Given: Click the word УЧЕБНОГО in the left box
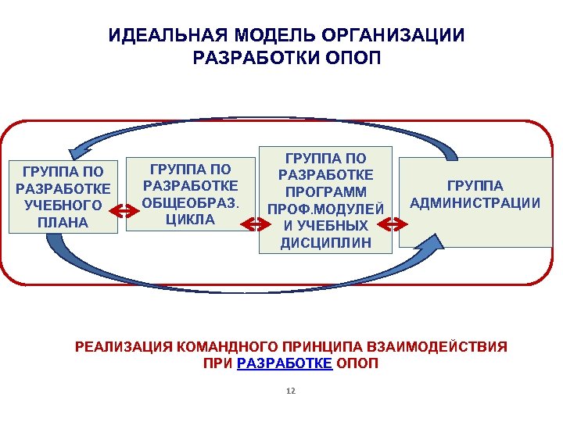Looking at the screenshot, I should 63,206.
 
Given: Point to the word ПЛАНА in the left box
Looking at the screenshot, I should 63,223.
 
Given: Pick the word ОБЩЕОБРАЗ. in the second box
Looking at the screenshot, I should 190,202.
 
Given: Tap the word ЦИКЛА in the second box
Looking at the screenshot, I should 190,220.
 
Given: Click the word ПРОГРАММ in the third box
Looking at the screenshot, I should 326,191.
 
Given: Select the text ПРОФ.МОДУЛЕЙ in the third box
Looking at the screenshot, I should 326,209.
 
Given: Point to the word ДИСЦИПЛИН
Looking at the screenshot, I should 326,244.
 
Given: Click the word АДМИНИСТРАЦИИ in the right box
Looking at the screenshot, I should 475,203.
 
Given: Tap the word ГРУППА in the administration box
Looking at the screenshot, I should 475,186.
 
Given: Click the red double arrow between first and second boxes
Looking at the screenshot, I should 124,209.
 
